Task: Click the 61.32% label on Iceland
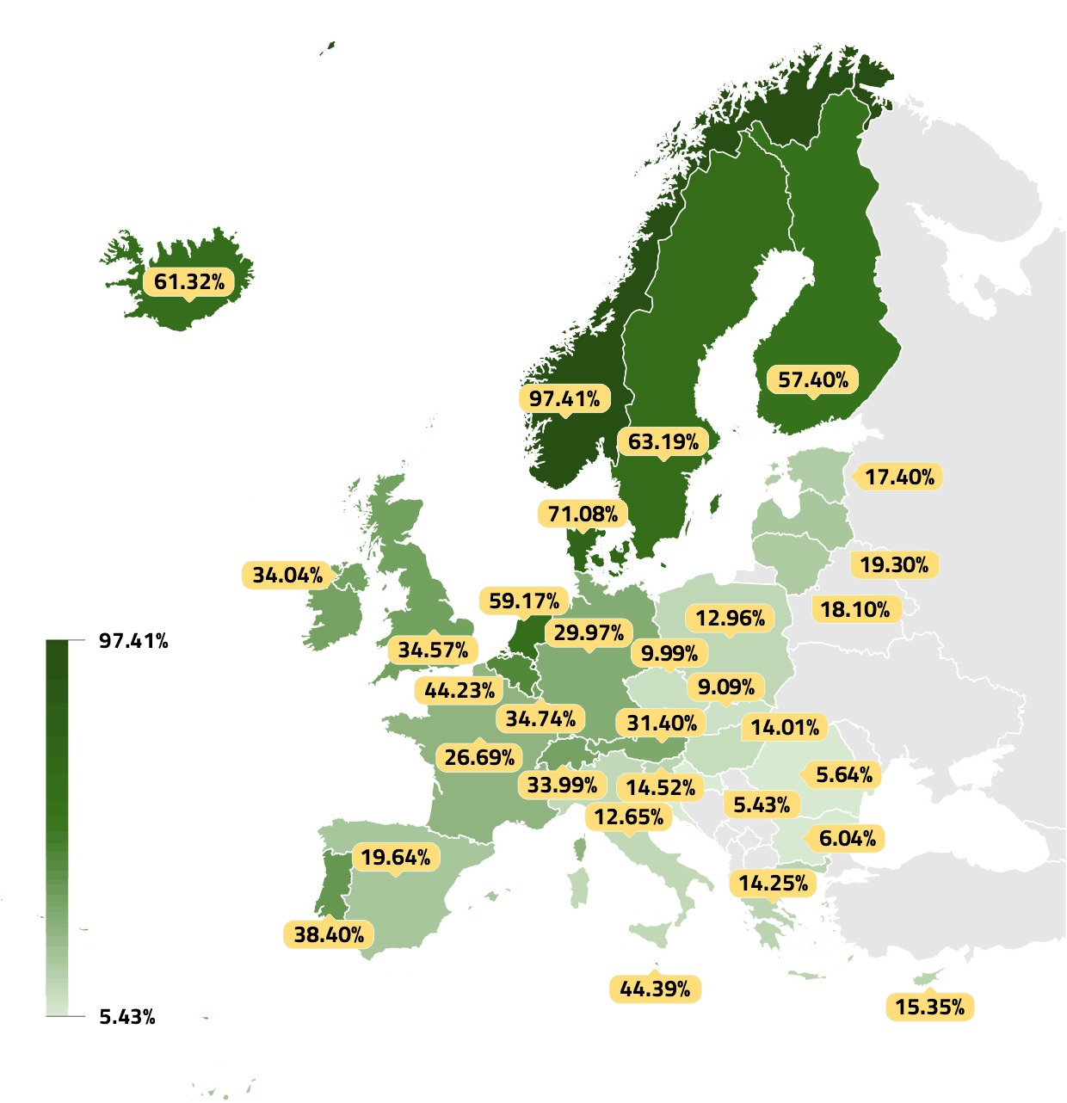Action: (189, 281)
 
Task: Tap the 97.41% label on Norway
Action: (564, 398)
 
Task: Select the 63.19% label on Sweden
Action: (663, 441)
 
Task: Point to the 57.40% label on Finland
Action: (813, 379)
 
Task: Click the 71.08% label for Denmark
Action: (583, 514)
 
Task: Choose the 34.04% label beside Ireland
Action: (287, 575)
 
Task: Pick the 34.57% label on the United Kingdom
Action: (433, 650)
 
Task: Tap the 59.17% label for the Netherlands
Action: (523, 601)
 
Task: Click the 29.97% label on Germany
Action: (589, 632)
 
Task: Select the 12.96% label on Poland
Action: (730, 618)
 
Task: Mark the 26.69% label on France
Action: (479, 757)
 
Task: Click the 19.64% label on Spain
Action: (395, 857)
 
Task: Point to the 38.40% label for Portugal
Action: (329, 934)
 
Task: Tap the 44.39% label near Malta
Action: (655, 989)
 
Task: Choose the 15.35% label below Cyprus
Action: (929, 1007)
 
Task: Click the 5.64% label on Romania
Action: (843, 774)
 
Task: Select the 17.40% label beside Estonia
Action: (899, 477)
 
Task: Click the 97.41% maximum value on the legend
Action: (133, 640)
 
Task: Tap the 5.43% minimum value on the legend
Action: (127, 1017)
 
